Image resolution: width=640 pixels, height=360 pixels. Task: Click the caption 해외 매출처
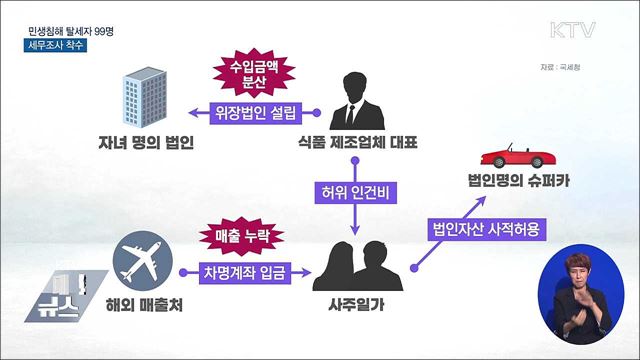140,302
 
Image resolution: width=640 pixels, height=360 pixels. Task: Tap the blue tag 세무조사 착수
57,47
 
